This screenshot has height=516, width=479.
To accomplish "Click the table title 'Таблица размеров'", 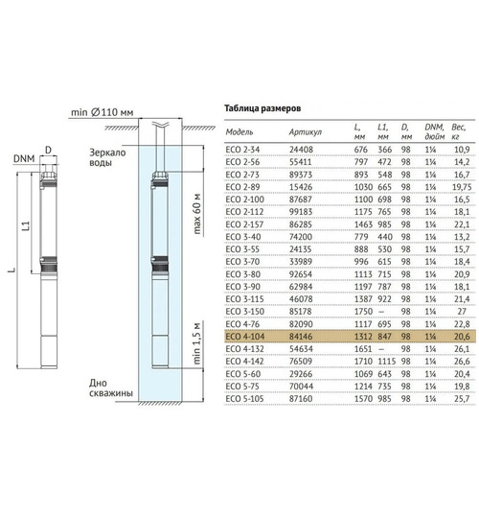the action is point(262,108).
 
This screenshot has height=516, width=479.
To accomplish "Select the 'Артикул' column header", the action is point(305,132).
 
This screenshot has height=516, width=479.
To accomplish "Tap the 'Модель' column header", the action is point(239,132).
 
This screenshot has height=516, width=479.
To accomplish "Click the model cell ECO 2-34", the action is point(242,150).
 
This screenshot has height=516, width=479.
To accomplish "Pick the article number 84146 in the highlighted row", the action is point(301,337).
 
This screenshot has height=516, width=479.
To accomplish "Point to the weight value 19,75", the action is point(462,187).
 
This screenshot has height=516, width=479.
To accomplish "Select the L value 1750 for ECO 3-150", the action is point(363,312).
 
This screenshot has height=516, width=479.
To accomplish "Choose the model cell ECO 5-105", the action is point(244,399).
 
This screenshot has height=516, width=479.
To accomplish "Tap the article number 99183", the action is point(301,212).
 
